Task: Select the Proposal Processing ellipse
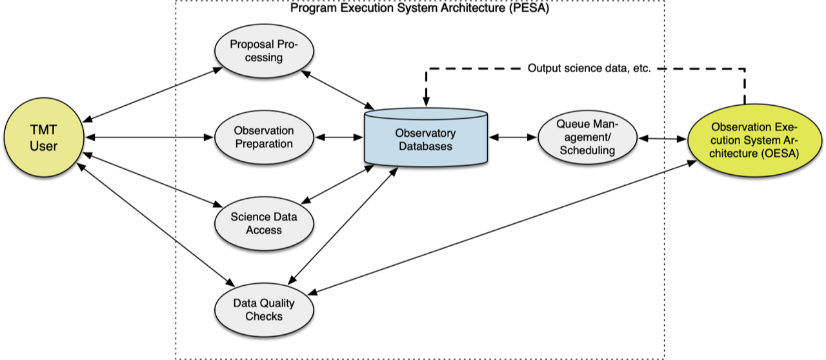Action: pyautogui.click(x=264, y=52)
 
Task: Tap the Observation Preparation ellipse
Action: pyautogui.click(x=264, y=137)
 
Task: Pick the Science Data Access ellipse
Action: pyautogui.click(x=264, y=223)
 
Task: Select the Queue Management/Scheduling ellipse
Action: pyautogui.click(x=587, y=137)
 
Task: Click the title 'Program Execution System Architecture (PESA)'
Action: pyautogui.click(x=419, y=8)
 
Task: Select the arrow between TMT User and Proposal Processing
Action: pyautogui.click(x=152, y=93)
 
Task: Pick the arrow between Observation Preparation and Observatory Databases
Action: pyautogui.click(x=338, y=137)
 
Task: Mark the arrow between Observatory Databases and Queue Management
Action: pyautogui.click(x=514, y=137)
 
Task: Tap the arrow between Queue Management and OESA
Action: pyautogui.click(x=662, y=138)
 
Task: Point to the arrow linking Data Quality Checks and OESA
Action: pyautogui.click(x=503, y=226)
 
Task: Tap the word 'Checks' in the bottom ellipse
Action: pyautogui.click(x=264, y=316)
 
